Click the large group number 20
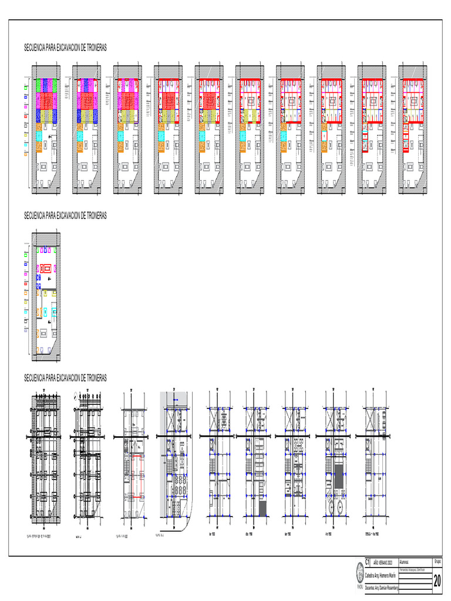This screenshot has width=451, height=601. [437, 581]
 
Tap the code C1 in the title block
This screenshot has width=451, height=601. [368, 561]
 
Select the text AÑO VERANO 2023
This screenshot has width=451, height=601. [385, 562]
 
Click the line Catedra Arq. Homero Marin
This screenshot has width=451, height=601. [380, 575]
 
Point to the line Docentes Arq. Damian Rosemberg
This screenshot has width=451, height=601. [382, 587]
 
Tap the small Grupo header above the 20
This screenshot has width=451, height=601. [437, 561]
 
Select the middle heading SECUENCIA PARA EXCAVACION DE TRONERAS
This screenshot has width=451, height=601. [65, 216]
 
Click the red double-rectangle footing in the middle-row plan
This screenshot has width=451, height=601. [45, 269]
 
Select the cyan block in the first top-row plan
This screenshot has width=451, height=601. [45, 135]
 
